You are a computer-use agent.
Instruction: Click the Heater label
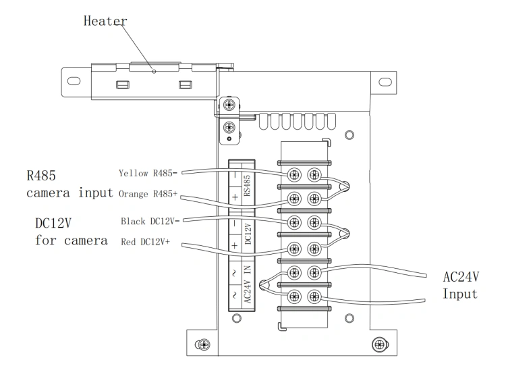tap(105, 21)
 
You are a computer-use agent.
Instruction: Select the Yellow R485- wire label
tap(148, 174)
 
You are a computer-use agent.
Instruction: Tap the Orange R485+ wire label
tap(148, 194)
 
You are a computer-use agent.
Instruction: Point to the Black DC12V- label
tap(150, 222)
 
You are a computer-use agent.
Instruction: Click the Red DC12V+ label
tap(145, 242)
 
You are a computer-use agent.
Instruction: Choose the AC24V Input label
tap(461, 285)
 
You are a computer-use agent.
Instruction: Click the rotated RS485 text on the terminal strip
tap(247, 186)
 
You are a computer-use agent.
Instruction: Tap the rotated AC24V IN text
tap(247, 284)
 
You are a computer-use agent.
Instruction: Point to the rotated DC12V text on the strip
tap(248, 233)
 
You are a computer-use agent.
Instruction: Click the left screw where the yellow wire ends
tap(294, 175)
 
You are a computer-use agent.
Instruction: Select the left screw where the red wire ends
tap(294, 249)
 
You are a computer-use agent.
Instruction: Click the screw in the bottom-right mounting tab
tap(380, 344)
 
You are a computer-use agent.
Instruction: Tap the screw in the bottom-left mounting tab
tap(203, 345)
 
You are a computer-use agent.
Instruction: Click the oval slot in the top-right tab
tap(385, 82)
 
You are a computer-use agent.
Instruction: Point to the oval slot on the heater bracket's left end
tap(74, 81)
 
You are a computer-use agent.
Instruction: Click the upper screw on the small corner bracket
tap(229, 105)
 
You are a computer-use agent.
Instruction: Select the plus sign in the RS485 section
tap(235, 197)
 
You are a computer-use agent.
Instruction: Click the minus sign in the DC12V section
tap(235, 224)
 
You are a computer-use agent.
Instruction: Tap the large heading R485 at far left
tap(41, 176)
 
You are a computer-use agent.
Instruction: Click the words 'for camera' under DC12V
tap(71, 240)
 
